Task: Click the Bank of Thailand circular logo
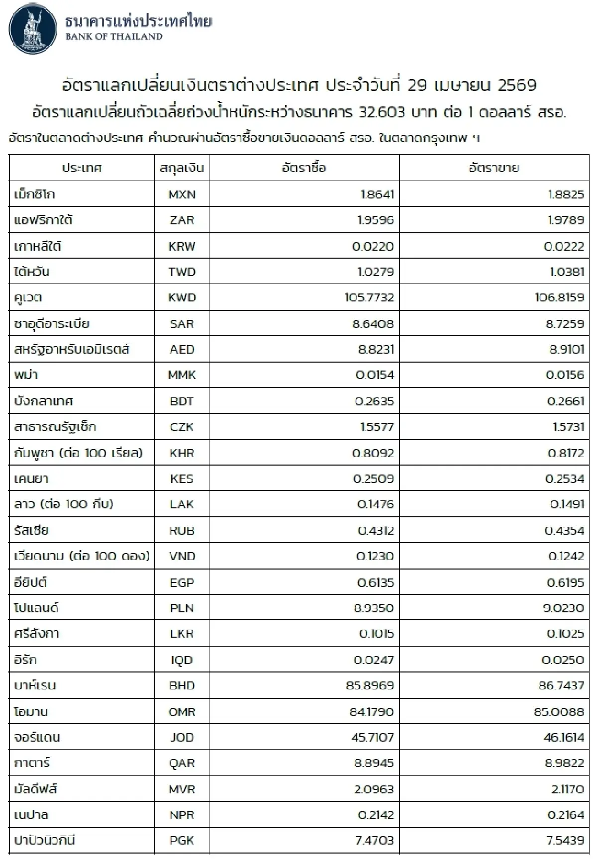click(x=31, y=28)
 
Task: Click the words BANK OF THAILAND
click(x=114, y=37)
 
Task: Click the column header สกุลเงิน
click(x=182, y=168)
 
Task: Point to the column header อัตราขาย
click(x=494, y=168)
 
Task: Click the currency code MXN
click(x=182, y=194)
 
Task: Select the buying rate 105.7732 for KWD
click(x=369, y=298)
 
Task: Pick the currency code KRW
click(x=182, y=246)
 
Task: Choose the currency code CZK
click(x=182, y=427)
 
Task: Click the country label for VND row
click(x=82, y=556)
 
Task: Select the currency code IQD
click(x=182, y=660)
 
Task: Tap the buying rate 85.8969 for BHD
click(x=370, y=686)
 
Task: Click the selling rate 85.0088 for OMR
click(x=559, y=712)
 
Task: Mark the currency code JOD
click(x=182, y=738)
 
